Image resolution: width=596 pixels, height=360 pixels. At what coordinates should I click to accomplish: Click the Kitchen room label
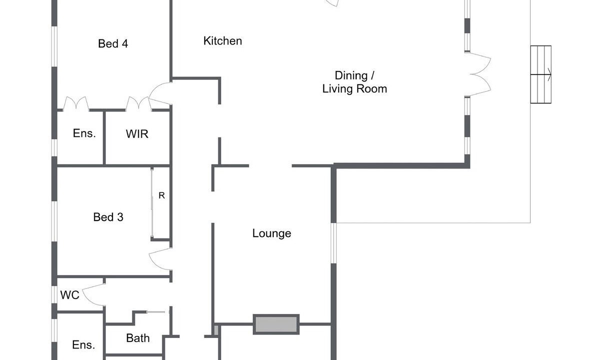(223, 41)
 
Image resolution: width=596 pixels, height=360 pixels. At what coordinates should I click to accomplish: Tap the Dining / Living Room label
(355, 82)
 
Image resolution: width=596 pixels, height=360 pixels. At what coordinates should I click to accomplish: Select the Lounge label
(272, 233)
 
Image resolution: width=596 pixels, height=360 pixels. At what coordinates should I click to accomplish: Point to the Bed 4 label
(113, 44)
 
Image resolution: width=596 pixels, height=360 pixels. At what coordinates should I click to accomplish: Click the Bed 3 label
(108, 217)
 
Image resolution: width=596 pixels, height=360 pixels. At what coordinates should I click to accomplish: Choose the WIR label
(137, 134)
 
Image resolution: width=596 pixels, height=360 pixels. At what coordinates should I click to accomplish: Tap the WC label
(70, 295)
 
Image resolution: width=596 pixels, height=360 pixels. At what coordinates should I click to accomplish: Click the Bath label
(138, 338)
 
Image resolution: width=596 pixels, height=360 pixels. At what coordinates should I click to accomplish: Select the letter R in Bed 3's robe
(161, 195)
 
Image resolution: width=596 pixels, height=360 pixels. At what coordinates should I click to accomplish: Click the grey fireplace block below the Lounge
(276, 324)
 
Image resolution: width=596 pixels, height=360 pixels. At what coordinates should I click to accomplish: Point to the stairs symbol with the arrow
(541, 74)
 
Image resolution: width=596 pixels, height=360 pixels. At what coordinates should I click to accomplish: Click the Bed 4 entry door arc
(161, 93)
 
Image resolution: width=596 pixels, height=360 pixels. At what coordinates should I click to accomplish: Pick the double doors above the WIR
(138, 104)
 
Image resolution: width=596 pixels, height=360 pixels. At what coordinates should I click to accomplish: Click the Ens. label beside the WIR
(84, 133)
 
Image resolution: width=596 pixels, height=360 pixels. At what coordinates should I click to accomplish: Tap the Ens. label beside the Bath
(83, 345)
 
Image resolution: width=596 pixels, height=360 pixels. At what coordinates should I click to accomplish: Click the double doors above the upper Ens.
(76, 104)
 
